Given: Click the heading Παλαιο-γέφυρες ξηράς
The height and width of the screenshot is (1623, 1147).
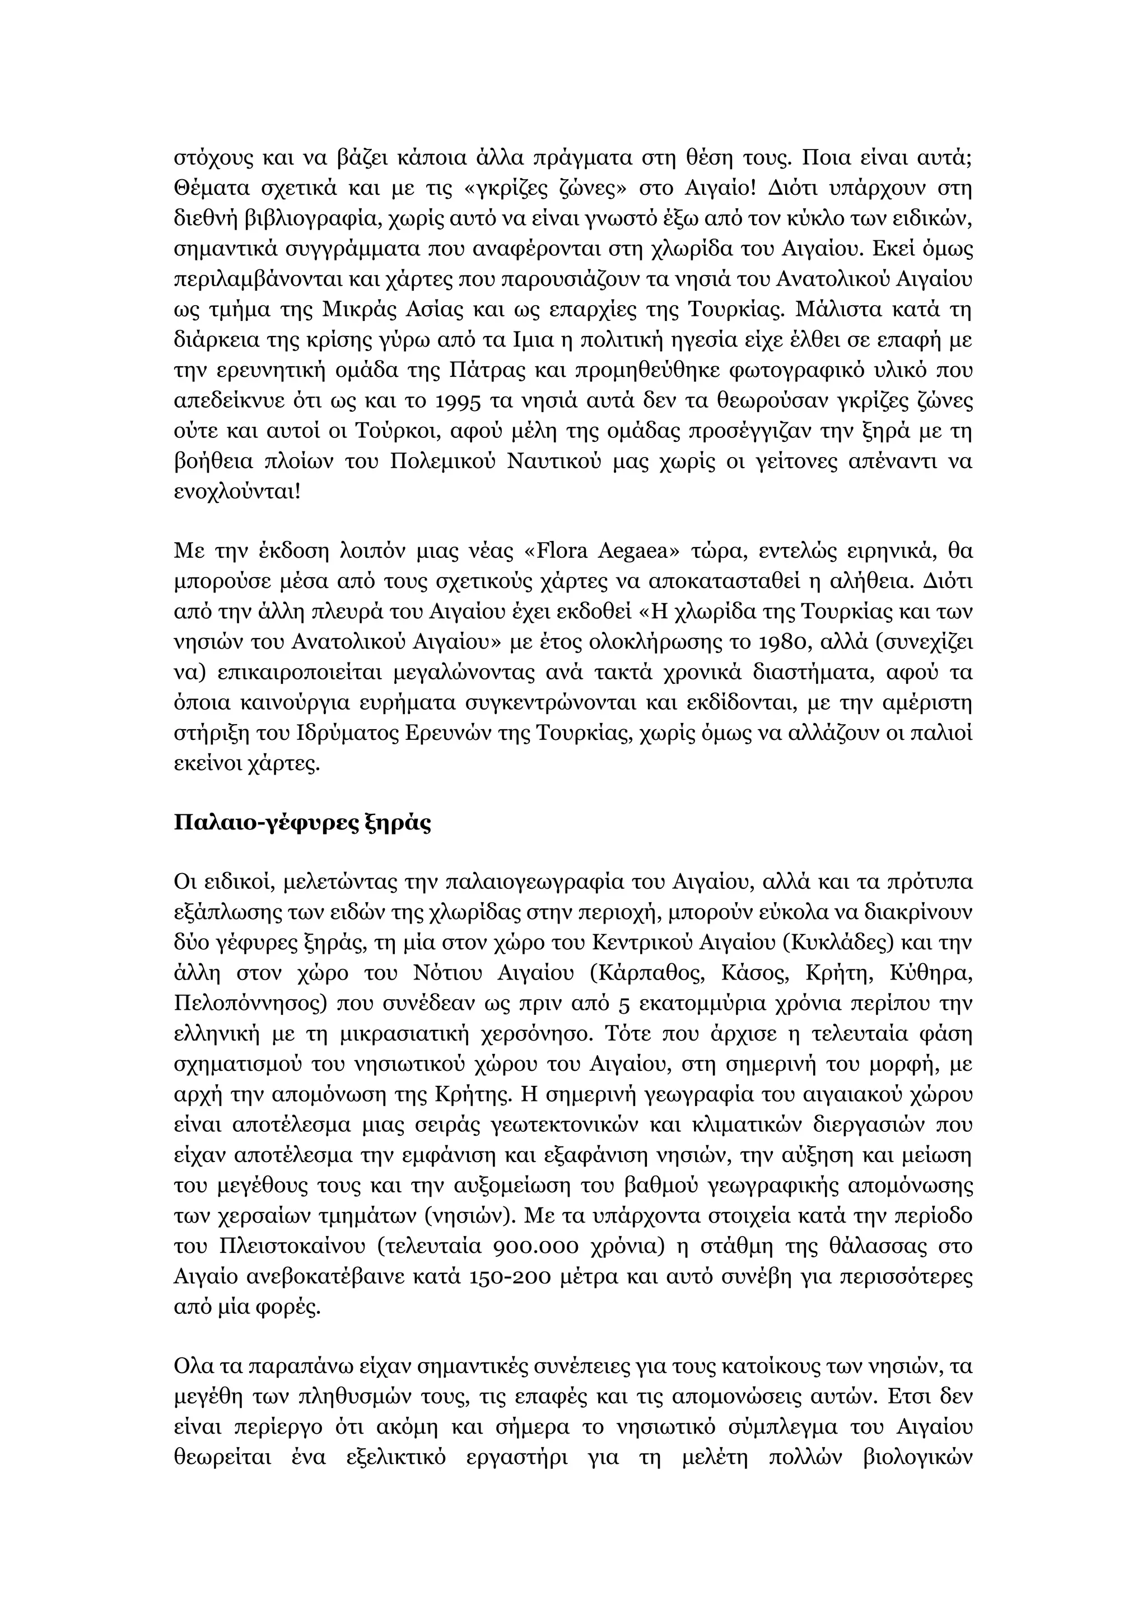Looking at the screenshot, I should click(302, 823).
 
